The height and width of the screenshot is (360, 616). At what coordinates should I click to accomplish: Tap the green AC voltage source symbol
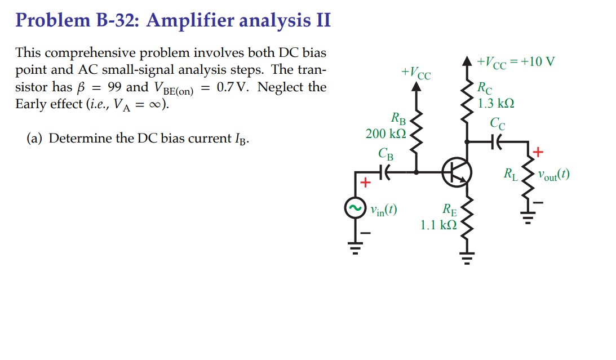tap(355, 210)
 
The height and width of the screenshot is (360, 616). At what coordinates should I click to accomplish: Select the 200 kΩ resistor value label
tap(385, 134)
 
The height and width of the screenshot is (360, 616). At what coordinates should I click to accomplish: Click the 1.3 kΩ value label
tap(496, 104)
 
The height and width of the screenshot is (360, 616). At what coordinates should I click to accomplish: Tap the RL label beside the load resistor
tap(511, 174)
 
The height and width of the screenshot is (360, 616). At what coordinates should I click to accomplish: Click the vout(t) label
tap(553, 174)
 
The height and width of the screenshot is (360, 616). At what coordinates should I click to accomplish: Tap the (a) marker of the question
tap(35, 139)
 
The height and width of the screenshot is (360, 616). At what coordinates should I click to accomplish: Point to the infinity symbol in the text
tap(153, 105)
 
